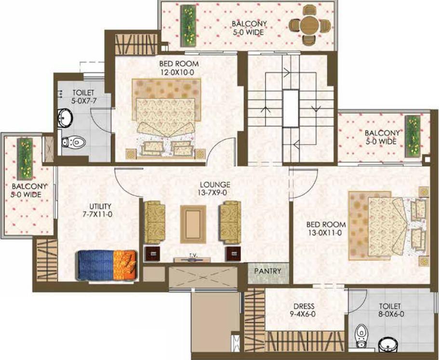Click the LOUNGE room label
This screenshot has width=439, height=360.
[215, 185]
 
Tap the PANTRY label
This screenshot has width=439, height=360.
[267, 271]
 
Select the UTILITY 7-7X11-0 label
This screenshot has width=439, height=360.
[100, 211]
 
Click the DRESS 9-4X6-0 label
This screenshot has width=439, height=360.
[304, 310]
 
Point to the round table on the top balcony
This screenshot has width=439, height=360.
[310, 26]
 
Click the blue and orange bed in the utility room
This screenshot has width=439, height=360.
[107, 265]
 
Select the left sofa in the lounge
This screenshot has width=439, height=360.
[155, 222]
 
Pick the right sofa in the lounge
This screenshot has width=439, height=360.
[230, 222]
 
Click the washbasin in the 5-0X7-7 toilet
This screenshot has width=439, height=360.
[65, 117]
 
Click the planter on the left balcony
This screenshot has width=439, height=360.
[25, 159]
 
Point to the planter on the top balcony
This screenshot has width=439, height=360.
[188, 26]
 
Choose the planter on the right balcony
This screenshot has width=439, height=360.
[412, 136]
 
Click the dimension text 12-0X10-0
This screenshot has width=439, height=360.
[177, 72]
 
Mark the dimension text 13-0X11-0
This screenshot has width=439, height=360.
[326, 232]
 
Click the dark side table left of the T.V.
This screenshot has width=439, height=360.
[152, 253]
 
